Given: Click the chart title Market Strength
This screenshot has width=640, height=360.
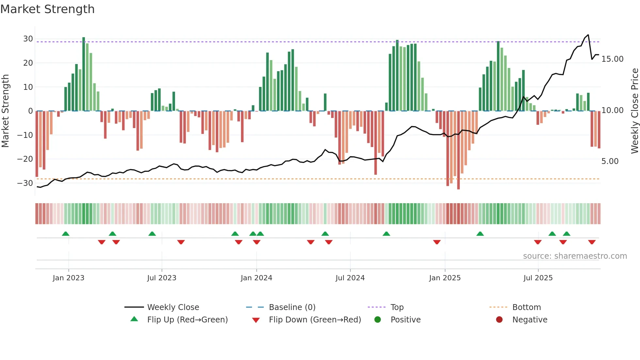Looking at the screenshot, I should pos(47,9).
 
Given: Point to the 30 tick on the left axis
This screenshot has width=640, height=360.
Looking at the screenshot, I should pos(28,39).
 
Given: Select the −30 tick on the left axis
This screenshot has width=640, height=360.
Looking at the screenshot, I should pos(25,183).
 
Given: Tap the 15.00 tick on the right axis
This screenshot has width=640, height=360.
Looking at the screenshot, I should pos(612,59).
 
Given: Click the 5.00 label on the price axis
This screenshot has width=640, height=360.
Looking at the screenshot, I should pos(610,161).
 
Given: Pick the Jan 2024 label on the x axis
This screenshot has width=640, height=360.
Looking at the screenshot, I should pos(256,278).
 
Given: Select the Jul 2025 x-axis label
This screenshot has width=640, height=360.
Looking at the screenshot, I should pos(538,278).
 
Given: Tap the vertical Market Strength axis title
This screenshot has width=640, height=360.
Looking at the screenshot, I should pos(5,111).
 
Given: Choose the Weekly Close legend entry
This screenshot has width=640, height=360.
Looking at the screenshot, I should pos(173,307).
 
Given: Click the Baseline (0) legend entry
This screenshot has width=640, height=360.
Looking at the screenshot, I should pos(292,307).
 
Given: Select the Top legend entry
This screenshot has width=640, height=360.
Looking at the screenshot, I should pos(397,307).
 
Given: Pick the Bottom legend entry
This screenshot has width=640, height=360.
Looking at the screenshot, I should pos(526,307).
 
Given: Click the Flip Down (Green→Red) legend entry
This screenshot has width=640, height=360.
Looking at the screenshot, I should pos(314,320).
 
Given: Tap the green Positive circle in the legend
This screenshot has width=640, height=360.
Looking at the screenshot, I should pos(377,320).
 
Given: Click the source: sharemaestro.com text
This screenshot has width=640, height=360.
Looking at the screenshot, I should pos(575,256).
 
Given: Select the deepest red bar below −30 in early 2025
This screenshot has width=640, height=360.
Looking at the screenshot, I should pos(458,150).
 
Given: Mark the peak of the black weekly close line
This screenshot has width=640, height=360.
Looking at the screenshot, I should pos(588,35).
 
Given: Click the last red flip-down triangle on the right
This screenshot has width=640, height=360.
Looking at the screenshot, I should pos(592,242).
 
